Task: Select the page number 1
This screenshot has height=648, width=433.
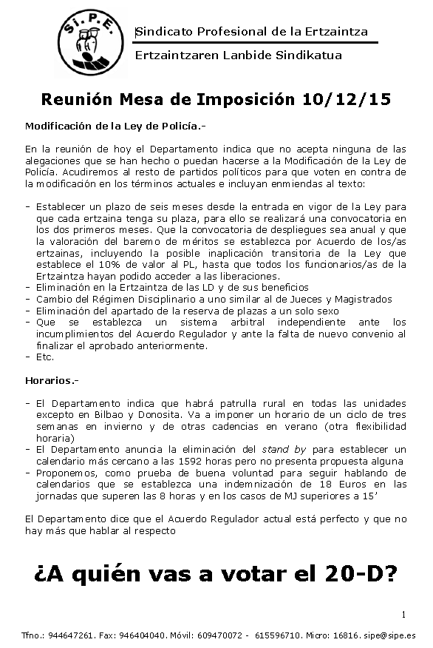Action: [404, 614]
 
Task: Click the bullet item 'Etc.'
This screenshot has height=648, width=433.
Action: [44, 356]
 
